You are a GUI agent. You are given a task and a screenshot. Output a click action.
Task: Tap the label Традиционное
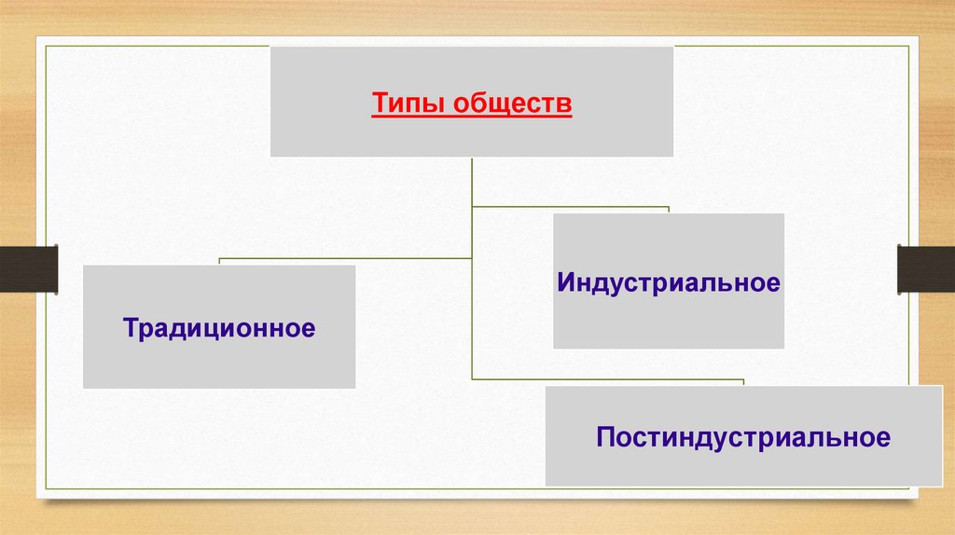(x=218, y=328)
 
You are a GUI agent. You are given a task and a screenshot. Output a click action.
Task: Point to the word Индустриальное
(x=668, y=282)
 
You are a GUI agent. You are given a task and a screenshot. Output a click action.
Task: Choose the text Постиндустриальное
(x=743, y=436)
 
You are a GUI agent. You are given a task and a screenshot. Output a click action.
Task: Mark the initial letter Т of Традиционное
(x=128, y=327)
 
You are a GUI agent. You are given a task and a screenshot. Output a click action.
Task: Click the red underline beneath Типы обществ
(x=472, y=117)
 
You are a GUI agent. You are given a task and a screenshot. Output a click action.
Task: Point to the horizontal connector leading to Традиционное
(x=345, y=258)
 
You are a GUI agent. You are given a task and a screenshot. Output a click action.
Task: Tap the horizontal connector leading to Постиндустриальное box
(x=606, y=379)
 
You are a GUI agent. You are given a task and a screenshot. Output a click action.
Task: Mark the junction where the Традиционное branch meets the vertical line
(x=472, y=258)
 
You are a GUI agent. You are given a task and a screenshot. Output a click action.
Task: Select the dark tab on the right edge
(x=926, y=268)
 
